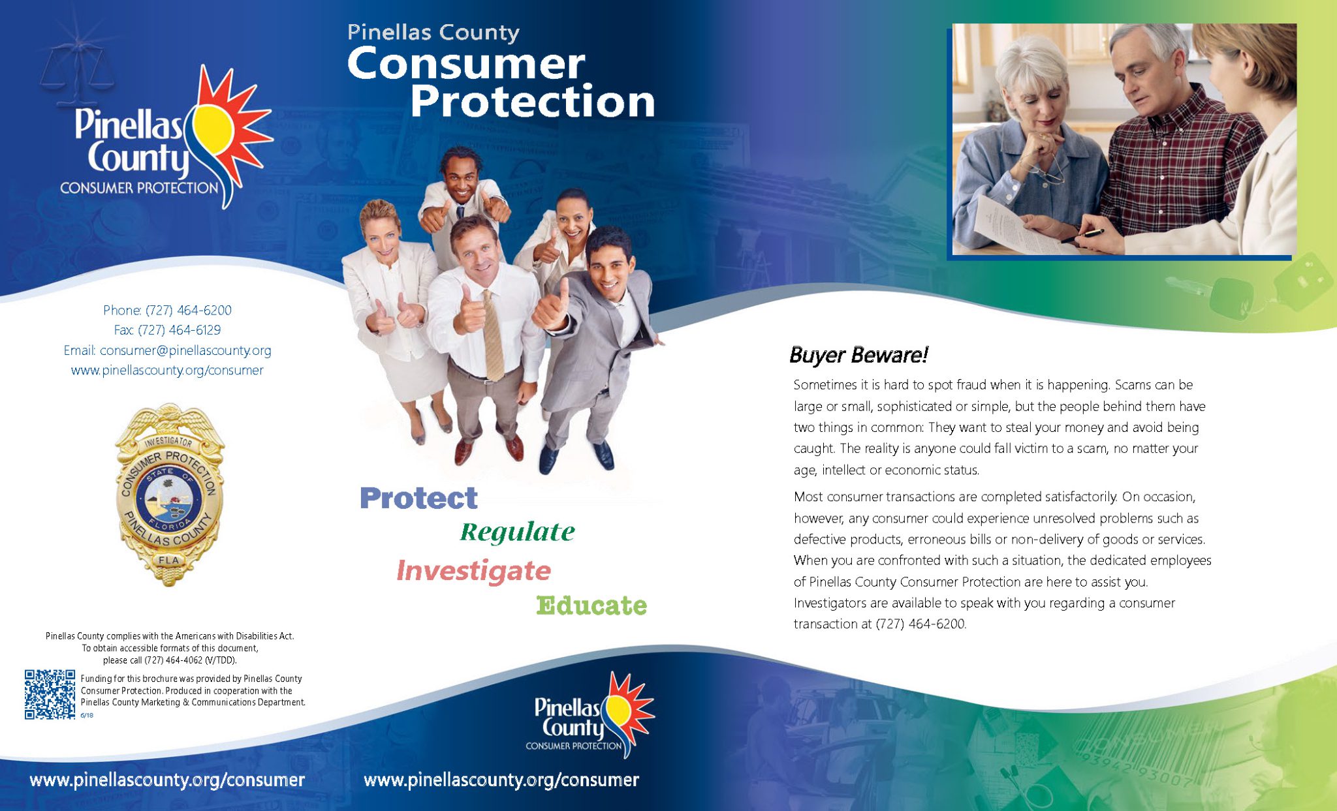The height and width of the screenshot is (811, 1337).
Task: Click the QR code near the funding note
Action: tap(50, 694)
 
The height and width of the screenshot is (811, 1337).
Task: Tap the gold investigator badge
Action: tap(169, 494)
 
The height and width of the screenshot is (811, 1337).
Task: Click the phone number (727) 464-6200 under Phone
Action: tap(188, 311)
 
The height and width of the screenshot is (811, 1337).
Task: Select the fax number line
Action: tap(167, 330)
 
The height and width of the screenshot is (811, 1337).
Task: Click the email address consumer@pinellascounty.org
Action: tap(185, 350)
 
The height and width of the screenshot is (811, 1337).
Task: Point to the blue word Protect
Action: tap(418, 498)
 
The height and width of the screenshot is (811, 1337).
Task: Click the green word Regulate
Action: tap(517, 532)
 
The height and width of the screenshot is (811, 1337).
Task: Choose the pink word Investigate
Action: tap(474, 570)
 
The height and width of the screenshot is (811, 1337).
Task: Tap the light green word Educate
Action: tap(591, 605)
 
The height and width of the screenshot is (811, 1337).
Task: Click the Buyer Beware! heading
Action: tap(858, 355)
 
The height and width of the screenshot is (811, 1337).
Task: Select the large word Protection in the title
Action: tap(532, 102)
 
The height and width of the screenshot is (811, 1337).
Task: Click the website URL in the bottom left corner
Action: tap(167, 780)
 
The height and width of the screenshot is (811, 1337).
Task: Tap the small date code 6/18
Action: tap(87, 715)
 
